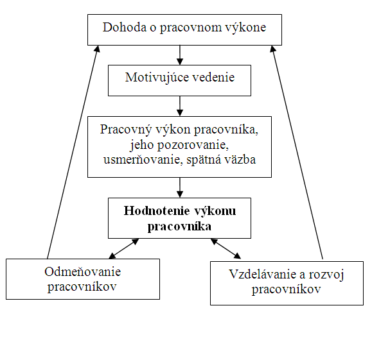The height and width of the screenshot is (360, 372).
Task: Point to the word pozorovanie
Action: click(x=193, y=145)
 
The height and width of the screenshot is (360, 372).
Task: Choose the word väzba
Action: click(x=240, y=160)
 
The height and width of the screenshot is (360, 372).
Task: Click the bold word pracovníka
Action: click(x=179, y=227)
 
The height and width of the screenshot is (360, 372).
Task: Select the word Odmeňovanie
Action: click(x=83, y=271)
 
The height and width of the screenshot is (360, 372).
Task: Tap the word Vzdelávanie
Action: click(x=263, y=274)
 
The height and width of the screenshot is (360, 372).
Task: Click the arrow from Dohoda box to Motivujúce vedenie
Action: click(x=180, y=55)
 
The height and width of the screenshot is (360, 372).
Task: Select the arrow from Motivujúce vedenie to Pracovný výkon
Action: click(x=180, y=106)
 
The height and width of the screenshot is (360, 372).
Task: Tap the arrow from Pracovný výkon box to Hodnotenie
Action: click(x=180, y=187)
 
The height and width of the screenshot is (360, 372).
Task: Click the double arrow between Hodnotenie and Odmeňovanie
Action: click(x=123, y=248)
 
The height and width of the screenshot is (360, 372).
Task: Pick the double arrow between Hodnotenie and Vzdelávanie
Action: click(x=226, y=248)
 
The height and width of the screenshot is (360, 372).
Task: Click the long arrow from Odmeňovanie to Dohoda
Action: click(x=73, y=152)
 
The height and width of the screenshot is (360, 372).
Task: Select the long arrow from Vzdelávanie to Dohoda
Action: click(x=297, y=152)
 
